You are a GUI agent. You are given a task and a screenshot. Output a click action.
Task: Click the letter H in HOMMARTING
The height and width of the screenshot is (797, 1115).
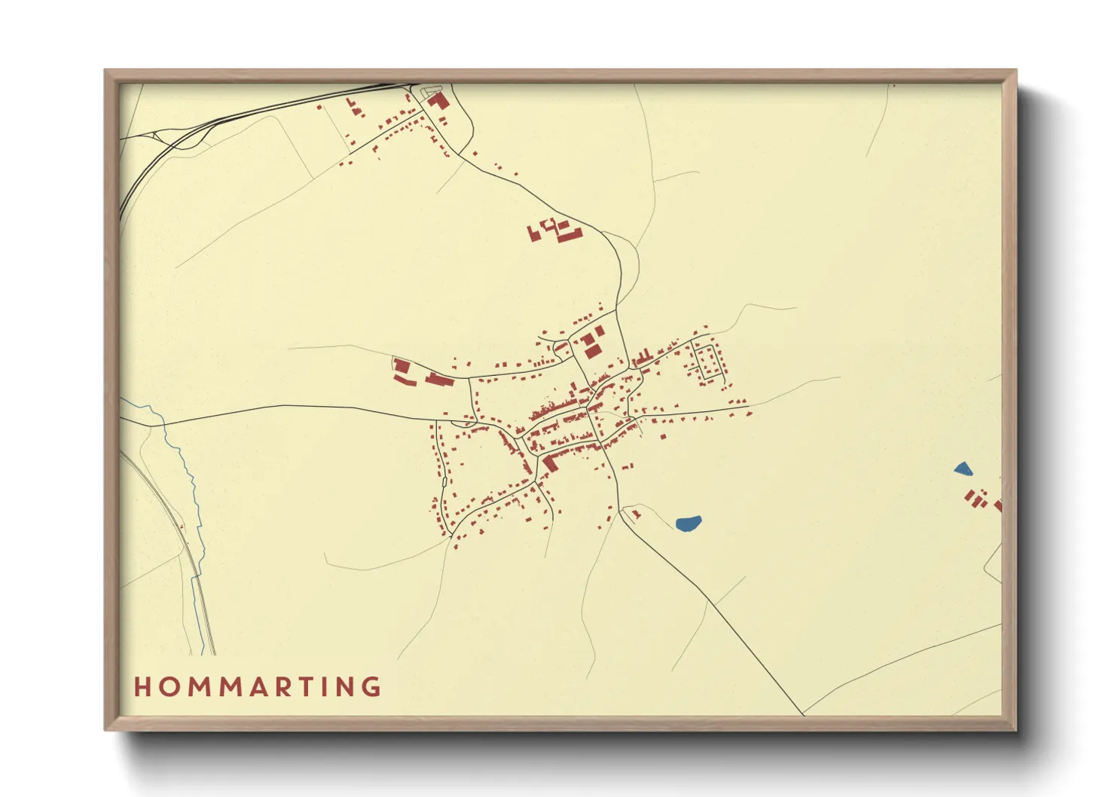(142, 686)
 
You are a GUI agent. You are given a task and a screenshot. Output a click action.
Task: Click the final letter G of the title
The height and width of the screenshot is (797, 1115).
(371, 686)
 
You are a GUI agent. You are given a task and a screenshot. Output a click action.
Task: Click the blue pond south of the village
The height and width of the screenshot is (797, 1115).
(689, 523)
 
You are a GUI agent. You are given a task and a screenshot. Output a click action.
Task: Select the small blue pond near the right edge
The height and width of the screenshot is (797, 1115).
(962, 469)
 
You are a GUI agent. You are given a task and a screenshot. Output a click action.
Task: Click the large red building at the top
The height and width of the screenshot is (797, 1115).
(438, 101)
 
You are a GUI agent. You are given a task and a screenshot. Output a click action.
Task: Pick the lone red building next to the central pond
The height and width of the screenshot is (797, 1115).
(636, 515)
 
